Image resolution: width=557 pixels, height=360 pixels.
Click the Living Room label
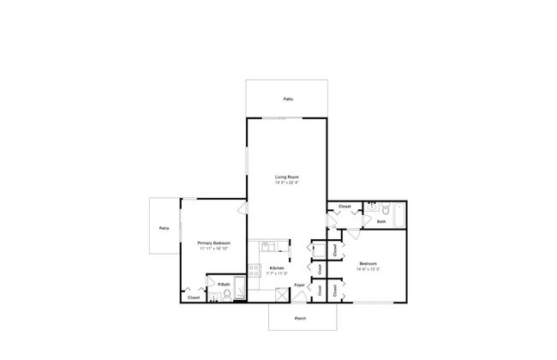pos(286,177)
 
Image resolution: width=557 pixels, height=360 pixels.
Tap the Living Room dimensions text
pos(286,183)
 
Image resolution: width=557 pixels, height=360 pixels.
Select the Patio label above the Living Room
pos(288,99)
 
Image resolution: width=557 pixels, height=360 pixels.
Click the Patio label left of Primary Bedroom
pos(163,228)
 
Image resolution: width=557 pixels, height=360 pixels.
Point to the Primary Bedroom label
pos(214,243)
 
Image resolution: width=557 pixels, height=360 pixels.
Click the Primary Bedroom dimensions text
pos(214,248)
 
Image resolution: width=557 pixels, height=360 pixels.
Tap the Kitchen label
pos(276,268)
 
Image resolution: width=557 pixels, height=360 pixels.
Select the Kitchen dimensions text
pos(276,273)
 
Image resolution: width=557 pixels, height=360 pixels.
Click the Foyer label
pos(300,285)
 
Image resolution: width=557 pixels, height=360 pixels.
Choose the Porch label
pos(300,319)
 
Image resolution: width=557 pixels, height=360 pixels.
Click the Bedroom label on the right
pos(368,264)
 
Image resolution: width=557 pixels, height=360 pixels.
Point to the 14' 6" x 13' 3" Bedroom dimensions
pos(368,269)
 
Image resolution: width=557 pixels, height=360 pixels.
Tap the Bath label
pos(381,222)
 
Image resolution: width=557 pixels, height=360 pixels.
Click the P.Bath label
pos(223,284)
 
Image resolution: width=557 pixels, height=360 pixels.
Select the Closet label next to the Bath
pos(344,207)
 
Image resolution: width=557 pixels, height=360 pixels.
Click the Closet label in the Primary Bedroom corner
pos(194,297)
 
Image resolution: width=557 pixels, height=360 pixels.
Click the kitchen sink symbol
pos(267,245)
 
